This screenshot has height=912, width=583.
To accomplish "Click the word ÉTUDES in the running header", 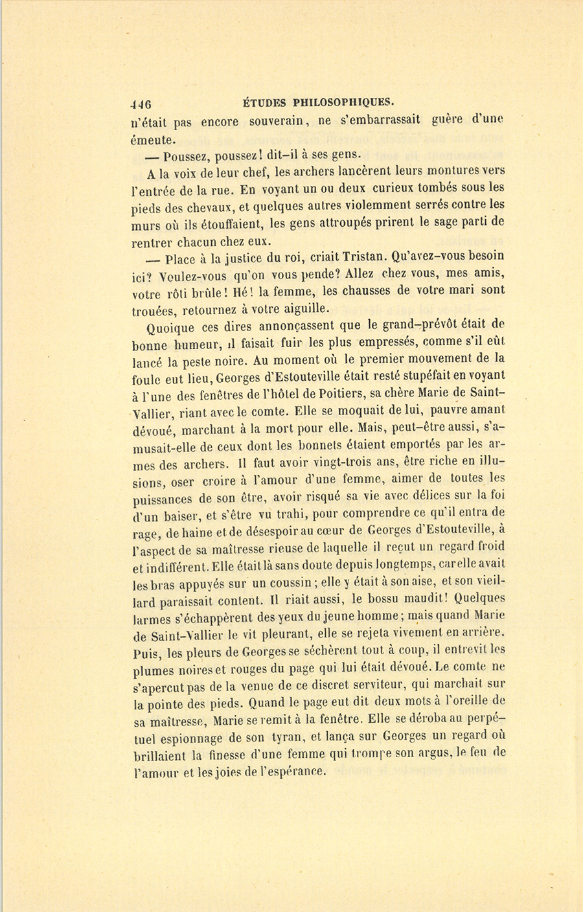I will pyautogui.click(x=264, y=101).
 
